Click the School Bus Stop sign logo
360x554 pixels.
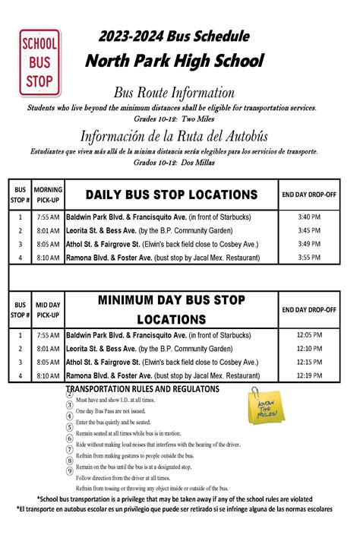[x=39, y=62]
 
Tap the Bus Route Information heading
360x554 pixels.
[x=174, y=93]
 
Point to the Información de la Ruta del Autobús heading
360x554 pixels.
[x=174, y=136]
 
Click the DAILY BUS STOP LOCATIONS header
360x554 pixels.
[x=172, y=195]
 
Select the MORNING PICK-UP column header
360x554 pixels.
[x=48, y=195]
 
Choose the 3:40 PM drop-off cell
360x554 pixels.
[x=309, y=217]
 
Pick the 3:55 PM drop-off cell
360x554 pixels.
[x=309, y=258]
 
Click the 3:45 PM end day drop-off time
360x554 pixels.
[x=309, y=230]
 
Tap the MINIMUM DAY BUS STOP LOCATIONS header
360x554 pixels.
[x=172, y=310]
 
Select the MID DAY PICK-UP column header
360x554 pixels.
[x=48, y=310]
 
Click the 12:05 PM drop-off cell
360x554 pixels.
[x=309, y=335]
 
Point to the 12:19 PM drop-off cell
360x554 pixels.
[x=309, y=375]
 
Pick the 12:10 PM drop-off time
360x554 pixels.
[x=309, y=349]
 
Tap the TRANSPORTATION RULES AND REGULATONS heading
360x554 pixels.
[x=144, y=389]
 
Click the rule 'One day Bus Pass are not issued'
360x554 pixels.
[x=112, y=410]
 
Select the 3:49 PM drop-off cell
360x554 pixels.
[x=309, y=244]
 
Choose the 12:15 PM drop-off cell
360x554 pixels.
[x=309, y=362]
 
